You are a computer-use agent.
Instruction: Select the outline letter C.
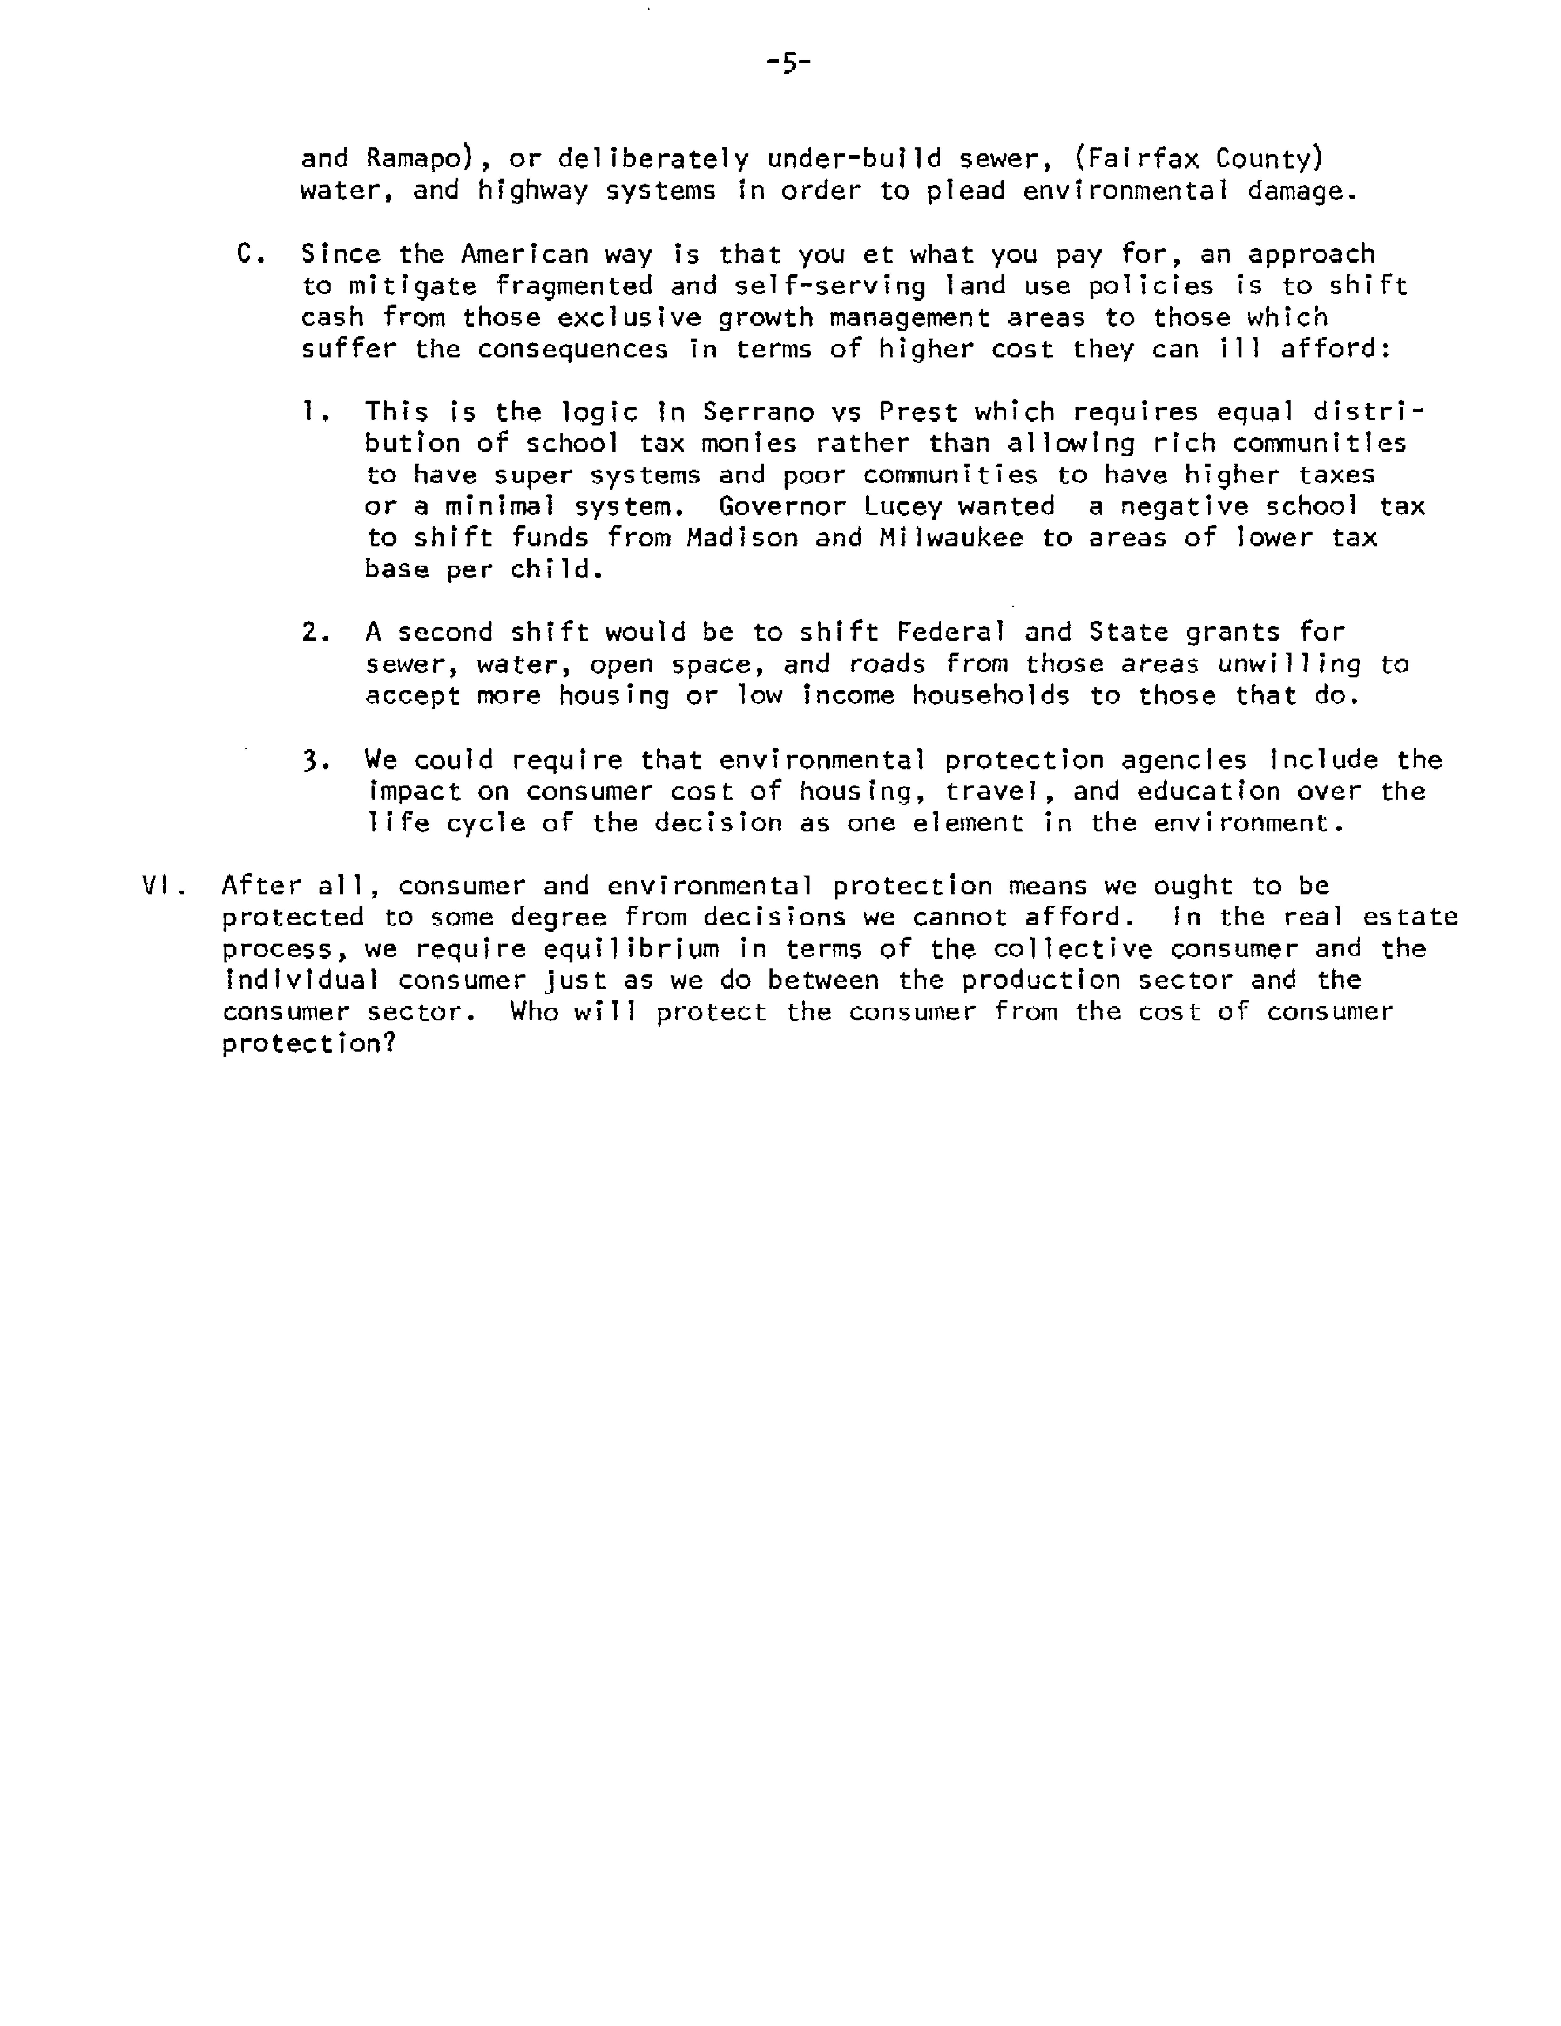point(246,253)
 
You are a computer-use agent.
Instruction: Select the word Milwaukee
point(950,538)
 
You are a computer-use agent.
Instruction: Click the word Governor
point(782,506)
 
